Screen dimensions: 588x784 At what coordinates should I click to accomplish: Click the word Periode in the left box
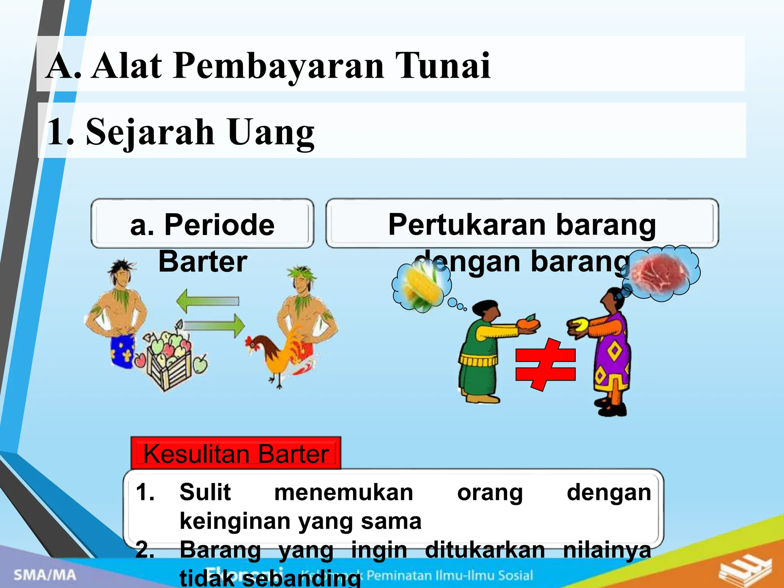[219, 225]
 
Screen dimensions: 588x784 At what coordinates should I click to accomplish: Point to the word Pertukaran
[467, 225]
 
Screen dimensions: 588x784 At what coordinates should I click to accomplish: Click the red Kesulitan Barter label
[236, 454]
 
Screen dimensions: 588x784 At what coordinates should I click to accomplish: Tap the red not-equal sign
[545, 364]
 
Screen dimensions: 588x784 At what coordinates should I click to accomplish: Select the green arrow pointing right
[214, 326]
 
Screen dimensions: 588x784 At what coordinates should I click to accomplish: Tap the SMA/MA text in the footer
[45, 575]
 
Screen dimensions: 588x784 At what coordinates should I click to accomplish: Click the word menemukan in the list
[343, 492]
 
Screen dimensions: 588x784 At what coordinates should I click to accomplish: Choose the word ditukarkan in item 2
[485, 550]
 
